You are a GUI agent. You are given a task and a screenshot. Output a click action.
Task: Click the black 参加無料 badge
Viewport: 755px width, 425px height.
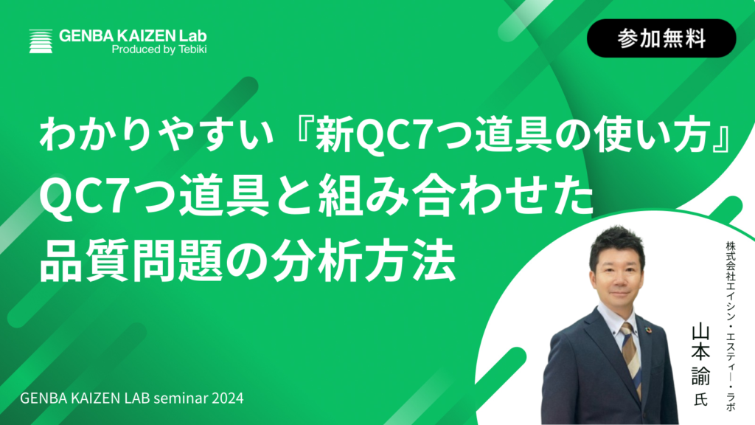click(x=661, y=38)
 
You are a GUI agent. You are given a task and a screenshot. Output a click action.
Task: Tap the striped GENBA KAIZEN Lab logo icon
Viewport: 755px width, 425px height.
click(x=41, y=41)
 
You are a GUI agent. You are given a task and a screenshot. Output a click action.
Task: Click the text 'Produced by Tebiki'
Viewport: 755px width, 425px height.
click(x=159, y=49)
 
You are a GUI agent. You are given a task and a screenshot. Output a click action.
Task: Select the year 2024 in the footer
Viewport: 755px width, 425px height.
click(x=227, y=398)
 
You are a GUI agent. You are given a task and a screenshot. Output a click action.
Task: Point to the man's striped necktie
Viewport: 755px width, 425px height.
click(x=632, y=356)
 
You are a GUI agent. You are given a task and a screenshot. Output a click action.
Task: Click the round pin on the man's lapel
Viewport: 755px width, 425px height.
click(x=649, y=330)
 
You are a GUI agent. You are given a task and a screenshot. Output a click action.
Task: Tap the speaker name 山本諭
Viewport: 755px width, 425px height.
click(x=701, y=355)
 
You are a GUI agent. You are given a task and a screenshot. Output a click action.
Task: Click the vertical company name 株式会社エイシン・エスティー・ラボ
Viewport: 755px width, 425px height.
click(x=731, y=325)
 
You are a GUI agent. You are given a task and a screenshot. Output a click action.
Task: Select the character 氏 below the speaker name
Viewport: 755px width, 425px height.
click(x=701, y=399)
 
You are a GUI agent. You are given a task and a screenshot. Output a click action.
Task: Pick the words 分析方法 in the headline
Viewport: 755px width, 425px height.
click(x=363, y=260)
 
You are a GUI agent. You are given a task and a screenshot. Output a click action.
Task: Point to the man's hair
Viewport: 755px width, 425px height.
click(x=617, y=243)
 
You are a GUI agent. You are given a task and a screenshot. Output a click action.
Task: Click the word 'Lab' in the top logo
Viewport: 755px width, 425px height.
click(x=193, y=35)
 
